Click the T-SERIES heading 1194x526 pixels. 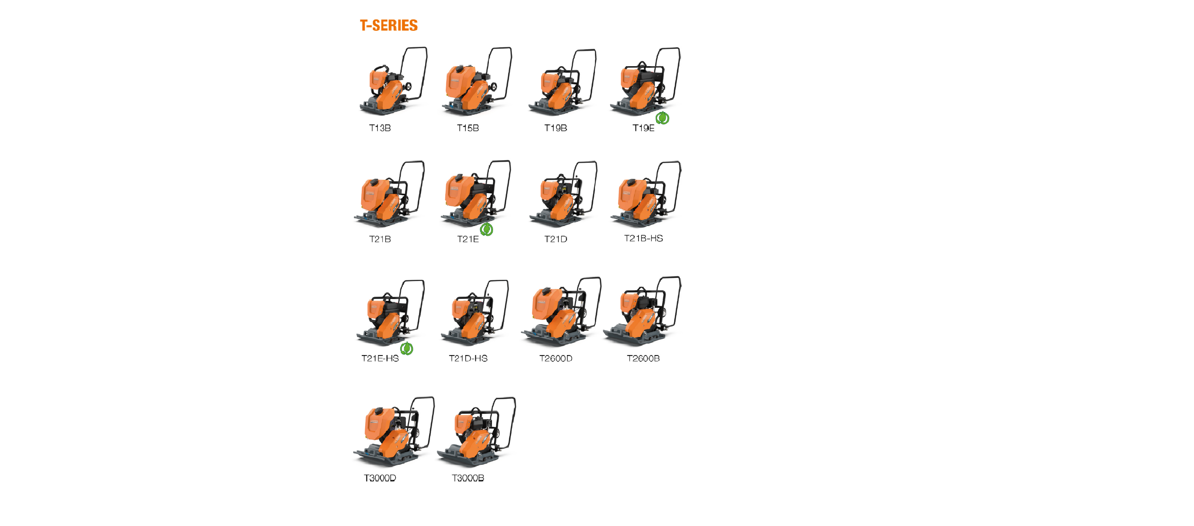[x=389, y=25]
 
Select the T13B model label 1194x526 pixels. [x=379, y=128]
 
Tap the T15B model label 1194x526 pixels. [x=467, y=128]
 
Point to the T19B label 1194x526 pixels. [x=555, y=128]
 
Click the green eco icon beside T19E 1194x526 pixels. [x=662, y=118]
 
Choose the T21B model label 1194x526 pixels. [x=379, y=239]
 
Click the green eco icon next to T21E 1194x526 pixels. [x=486, y=229]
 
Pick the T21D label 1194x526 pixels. [x=555, y=239]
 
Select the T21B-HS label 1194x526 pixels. [x=643, y=238]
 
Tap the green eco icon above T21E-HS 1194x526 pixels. [x=407, y=348]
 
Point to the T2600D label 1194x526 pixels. [x=555, y=358]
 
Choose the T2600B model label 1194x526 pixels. [x=643, y=358]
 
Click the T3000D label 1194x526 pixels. [x=379, y=478]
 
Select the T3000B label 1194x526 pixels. [x=467, y=478]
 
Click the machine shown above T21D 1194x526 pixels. [x=563, y=195]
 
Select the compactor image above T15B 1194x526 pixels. [x=477, y=81]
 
